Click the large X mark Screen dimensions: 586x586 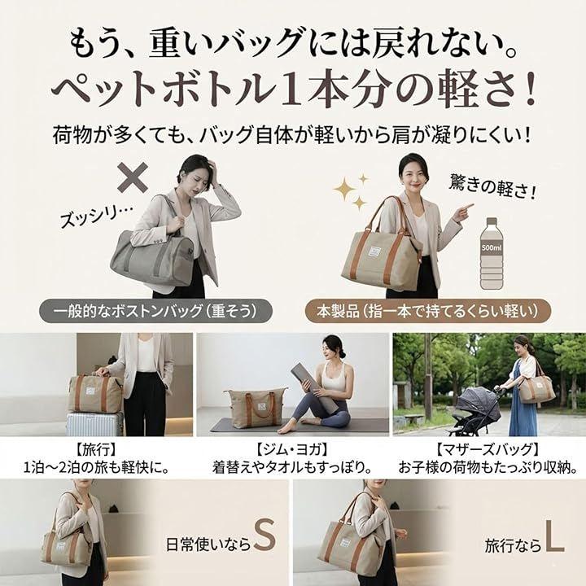pyautogui.click(x=133, y=177)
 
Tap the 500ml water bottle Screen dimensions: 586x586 pyautogui.click(x=492, y=253)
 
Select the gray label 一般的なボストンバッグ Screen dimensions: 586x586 pyautogui.click(x=155, y=311)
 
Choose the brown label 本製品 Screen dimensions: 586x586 pyautogui.click(x=428, y=311)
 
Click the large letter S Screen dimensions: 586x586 pyautogui.click(x=265, y=536)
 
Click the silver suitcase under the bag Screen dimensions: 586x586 pyautogui.click(x=94, y=424)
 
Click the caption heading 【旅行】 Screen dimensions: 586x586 pyautogui.click(x=96, y=449)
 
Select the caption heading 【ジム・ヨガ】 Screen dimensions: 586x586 pyautogui.click(x=292, y=449)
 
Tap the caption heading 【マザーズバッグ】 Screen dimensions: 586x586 pyautogui.click(x=488, y=449)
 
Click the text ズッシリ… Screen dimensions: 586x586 pyautogui.click(x=96, y=216)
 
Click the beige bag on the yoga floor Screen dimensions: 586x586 pyautogui.click(x=256, y=407)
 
